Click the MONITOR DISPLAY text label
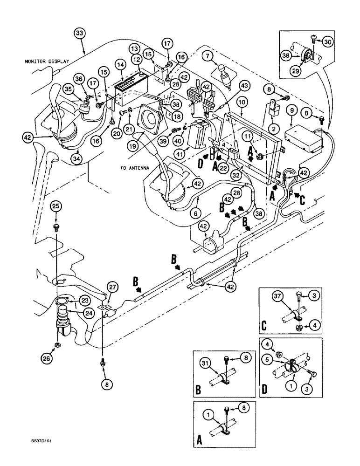pyautogui.click(x=47, y=61)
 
